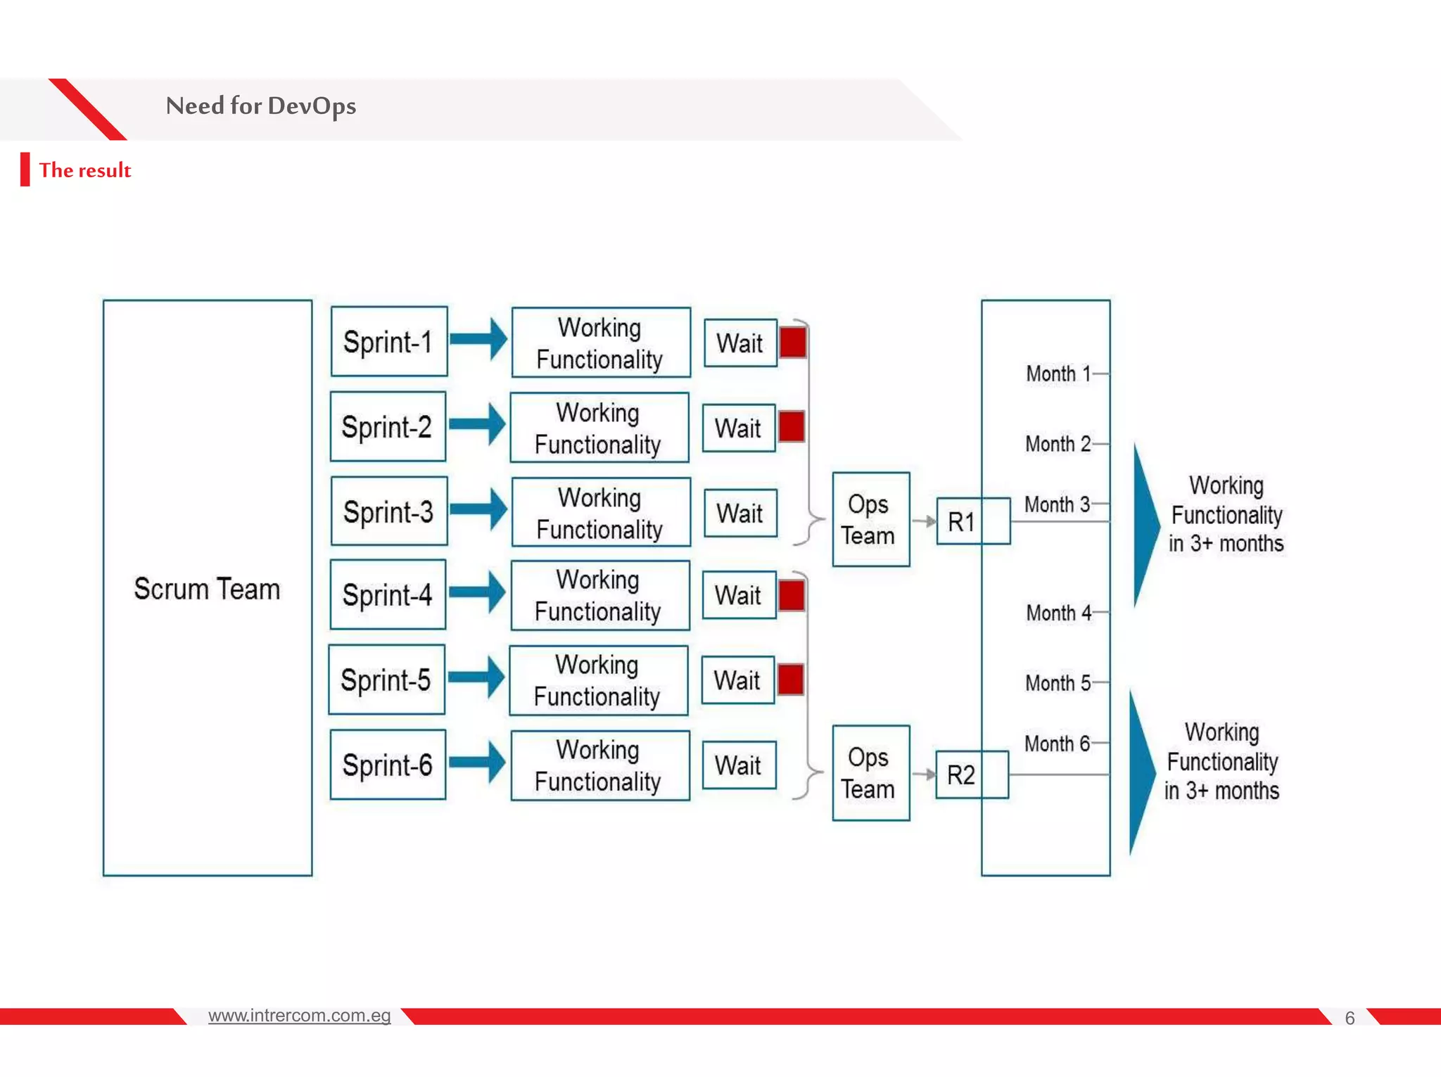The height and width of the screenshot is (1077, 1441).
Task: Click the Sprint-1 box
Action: click(388, 342)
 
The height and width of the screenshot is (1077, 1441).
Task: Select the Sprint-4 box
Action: click(388, 595)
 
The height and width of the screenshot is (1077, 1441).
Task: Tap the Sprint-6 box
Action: click(388, 765)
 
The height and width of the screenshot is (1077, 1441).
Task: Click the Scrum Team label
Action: click(207, 589)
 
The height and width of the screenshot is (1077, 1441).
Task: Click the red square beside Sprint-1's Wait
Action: click(793, 343)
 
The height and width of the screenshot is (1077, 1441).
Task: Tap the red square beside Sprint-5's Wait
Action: click(791, 680)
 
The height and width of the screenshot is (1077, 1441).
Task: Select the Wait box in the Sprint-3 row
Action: click(740, 514)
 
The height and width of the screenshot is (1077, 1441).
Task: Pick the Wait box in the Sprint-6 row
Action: click(739, 765)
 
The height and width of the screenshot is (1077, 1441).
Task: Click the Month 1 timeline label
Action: click(1058, 374)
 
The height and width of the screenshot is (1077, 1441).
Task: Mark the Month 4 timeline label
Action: click(1058, 613)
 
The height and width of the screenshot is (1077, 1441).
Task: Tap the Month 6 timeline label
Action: click(1057, 744)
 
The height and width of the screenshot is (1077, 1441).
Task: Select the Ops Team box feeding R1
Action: click(870, 520)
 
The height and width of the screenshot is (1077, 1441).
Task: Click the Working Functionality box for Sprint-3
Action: click(600, 513)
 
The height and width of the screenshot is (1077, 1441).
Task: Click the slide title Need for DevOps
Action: click(260, 106)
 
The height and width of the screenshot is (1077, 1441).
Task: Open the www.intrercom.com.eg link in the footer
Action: click(299, 1015)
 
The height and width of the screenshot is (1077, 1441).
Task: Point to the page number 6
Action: click(1350, 1018)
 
